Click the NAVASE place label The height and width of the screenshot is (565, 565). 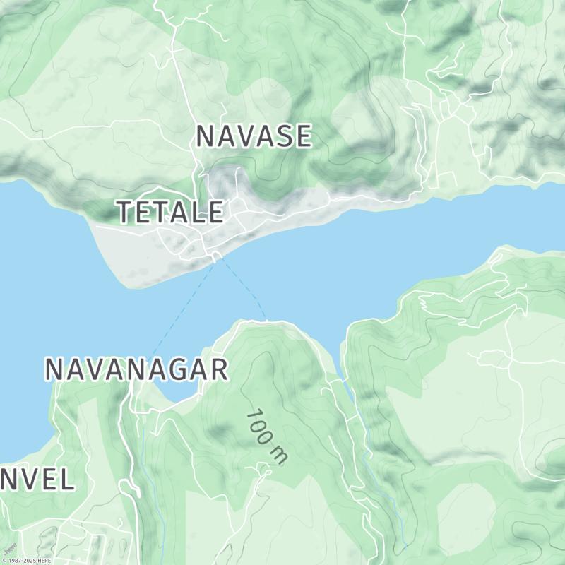[x=253, y=136]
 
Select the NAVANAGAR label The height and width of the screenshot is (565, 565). [x=136, y=369]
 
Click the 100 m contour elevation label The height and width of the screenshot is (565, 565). [x=267, y=436]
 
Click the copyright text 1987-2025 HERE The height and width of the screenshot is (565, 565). [x=27, y=560]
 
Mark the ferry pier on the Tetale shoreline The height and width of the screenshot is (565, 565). [x=215, y=258]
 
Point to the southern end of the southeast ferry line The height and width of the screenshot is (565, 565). [x=267, y=320]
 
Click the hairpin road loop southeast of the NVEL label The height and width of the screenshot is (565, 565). [x=128, y=487]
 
